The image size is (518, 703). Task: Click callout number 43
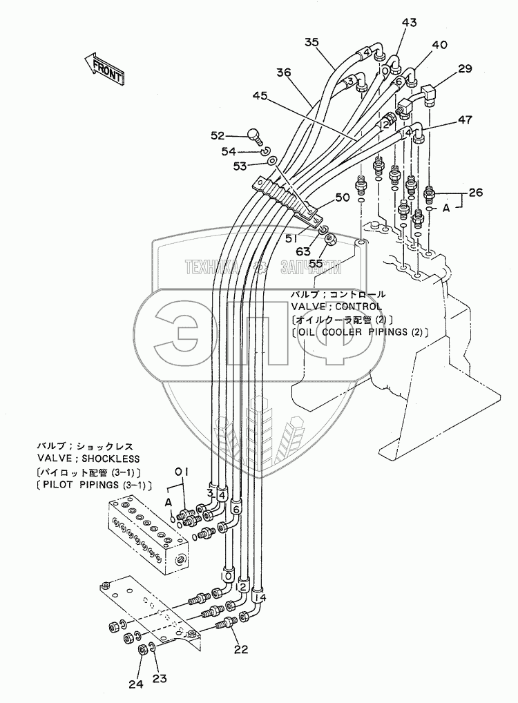[x=410, y=23]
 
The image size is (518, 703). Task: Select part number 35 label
[x=311, y=43]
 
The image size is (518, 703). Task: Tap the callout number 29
[x=464, y=68]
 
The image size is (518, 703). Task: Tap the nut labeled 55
[x=329, y=240]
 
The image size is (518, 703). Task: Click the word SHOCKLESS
[x=111, y=459]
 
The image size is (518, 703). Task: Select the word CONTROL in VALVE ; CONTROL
[x=360, y=307]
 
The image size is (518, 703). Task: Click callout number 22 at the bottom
[x=240, y=648]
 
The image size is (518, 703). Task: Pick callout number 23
[x=160, y=679]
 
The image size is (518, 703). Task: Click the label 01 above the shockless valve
[x=182, y=472]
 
